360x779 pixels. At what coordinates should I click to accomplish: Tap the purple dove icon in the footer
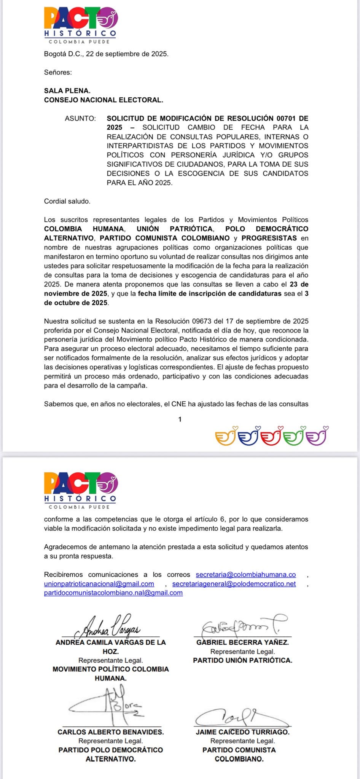(317, 436)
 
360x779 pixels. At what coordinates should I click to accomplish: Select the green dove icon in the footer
(295, 436)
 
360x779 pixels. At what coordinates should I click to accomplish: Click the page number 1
(180, 419)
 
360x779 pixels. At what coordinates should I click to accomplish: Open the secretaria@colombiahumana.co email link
(245, 574)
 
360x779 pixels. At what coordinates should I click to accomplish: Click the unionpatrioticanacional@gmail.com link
(99, 583)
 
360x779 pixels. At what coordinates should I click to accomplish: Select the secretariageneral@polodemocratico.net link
(234, 583)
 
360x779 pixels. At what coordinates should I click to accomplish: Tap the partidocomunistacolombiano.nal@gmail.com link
(113, 593)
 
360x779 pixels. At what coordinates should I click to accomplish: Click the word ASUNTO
(80, 118)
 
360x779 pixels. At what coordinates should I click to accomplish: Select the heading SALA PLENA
(67, 91)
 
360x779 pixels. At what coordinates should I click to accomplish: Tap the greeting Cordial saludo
(67, 201)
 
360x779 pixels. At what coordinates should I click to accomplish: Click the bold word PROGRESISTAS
(269, 238)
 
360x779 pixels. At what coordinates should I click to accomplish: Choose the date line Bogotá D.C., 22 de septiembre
(106, 54)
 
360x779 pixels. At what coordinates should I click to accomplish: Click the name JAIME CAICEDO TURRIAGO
(242, 731)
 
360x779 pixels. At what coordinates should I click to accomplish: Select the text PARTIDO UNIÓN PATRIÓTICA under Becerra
(242, 660)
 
